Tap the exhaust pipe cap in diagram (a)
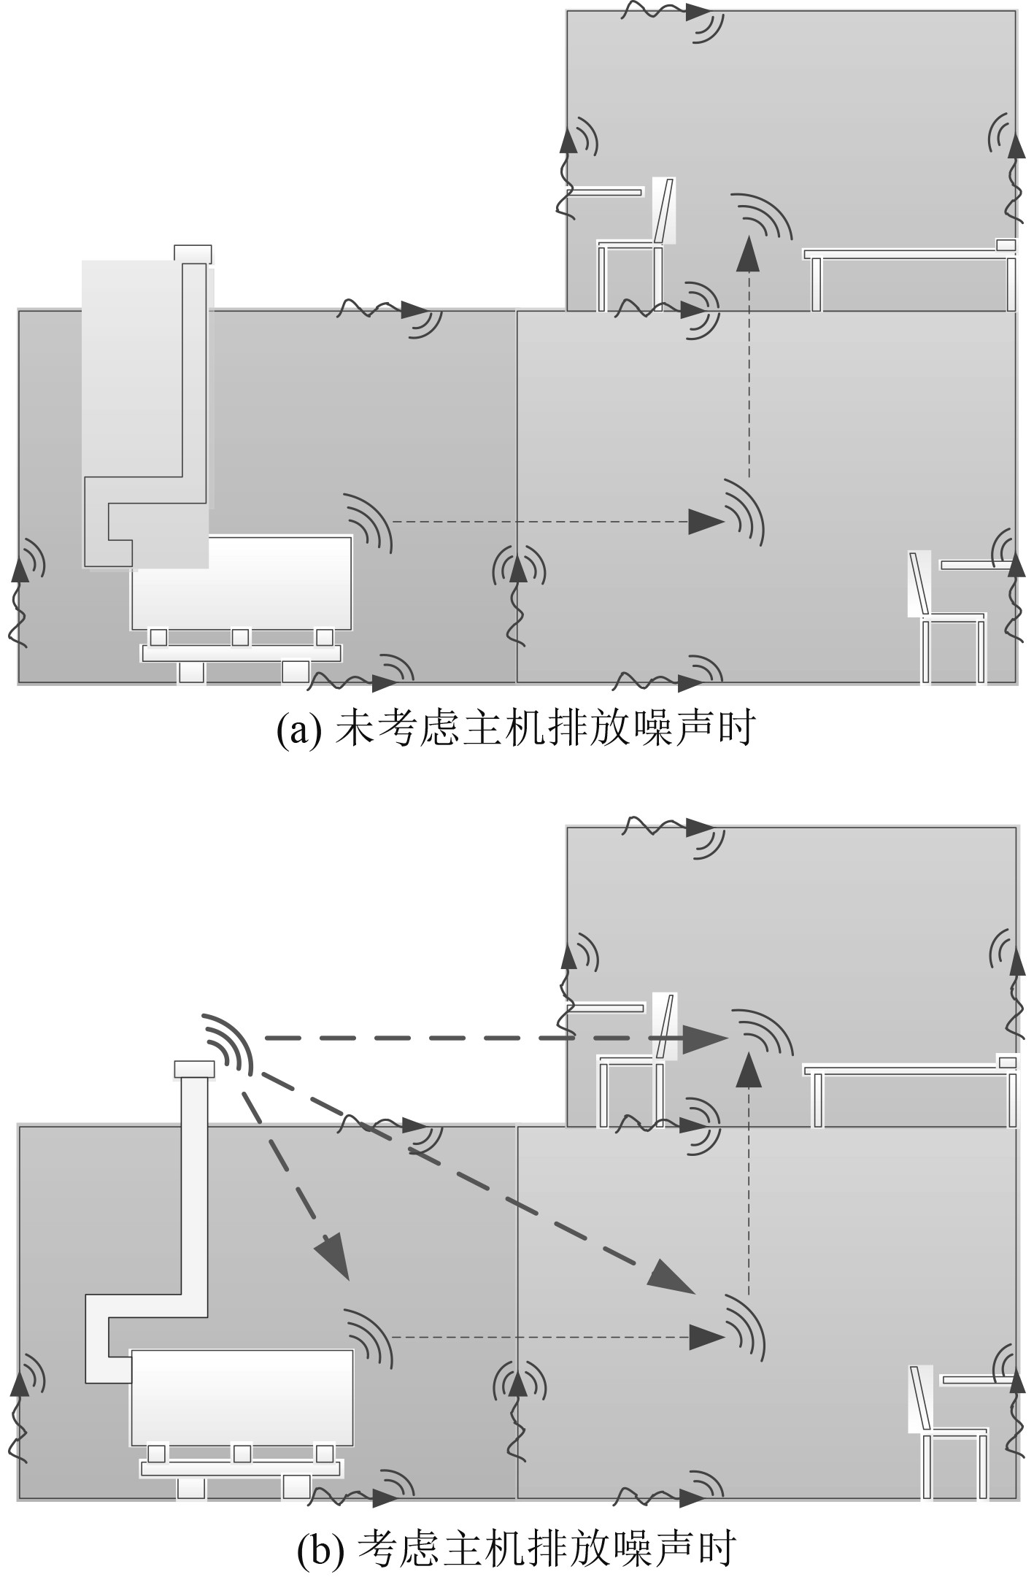pos(193,254)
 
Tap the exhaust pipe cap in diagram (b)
pos(194,1069)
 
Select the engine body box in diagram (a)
pos(242,582)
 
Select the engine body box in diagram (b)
pos(242,1397)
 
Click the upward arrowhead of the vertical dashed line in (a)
pos(747,255)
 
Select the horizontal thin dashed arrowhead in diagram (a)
pos(706,522)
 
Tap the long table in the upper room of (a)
pos(905,255)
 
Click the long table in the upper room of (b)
pos(905,1070)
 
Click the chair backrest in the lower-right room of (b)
pos(919,1397)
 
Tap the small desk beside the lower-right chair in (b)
pos(975,1379)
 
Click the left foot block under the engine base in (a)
pos(191,672)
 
